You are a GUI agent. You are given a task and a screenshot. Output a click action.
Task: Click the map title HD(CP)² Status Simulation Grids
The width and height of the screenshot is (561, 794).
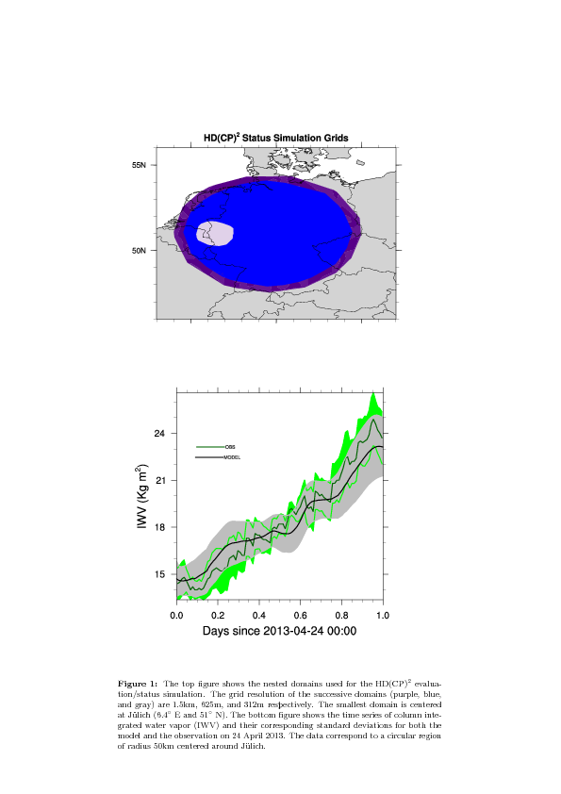click(276, 138)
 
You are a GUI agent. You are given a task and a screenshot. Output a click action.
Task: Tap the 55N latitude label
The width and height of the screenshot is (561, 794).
click(139, 165)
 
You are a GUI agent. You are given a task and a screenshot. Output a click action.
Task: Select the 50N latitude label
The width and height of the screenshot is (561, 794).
click(139, 250)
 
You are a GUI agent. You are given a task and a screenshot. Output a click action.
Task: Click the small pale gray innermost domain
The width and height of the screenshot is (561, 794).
click(215, 233)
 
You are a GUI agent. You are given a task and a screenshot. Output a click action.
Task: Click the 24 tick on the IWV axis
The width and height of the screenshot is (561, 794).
click(159, 434)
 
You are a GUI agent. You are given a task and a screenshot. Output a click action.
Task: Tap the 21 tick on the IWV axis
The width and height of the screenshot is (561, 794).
click(159, 480)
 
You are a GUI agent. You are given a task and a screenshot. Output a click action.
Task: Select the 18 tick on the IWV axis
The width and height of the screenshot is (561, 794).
click(159, 527)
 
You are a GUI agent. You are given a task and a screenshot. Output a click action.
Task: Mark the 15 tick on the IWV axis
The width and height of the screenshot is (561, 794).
click(159, 574)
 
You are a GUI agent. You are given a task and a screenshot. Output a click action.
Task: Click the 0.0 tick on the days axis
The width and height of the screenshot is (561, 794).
click(176, 615)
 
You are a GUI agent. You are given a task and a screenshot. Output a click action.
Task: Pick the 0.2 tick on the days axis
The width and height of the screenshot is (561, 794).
click(218, 615)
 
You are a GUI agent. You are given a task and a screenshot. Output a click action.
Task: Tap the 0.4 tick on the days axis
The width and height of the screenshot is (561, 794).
click(259, 615)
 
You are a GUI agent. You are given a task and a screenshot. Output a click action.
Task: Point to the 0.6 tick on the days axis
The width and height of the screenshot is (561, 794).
click(300, 615)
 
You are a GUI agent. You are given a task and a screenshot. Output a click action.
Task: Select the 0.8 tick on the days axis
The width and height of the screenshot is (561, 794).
click(341, 615)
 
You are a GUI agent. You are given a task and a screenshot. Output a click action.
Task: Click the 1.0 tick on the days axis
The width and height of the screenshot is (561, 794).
click(383, 615)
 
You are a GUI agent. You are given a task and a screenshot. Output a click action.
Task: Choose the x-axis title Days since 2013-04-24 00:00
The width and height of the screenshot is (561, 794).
click(279, 631)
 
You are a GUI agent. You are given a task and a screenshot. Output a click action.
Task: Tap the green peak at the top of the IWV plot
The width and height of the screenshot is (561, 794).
click(373, 395)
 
